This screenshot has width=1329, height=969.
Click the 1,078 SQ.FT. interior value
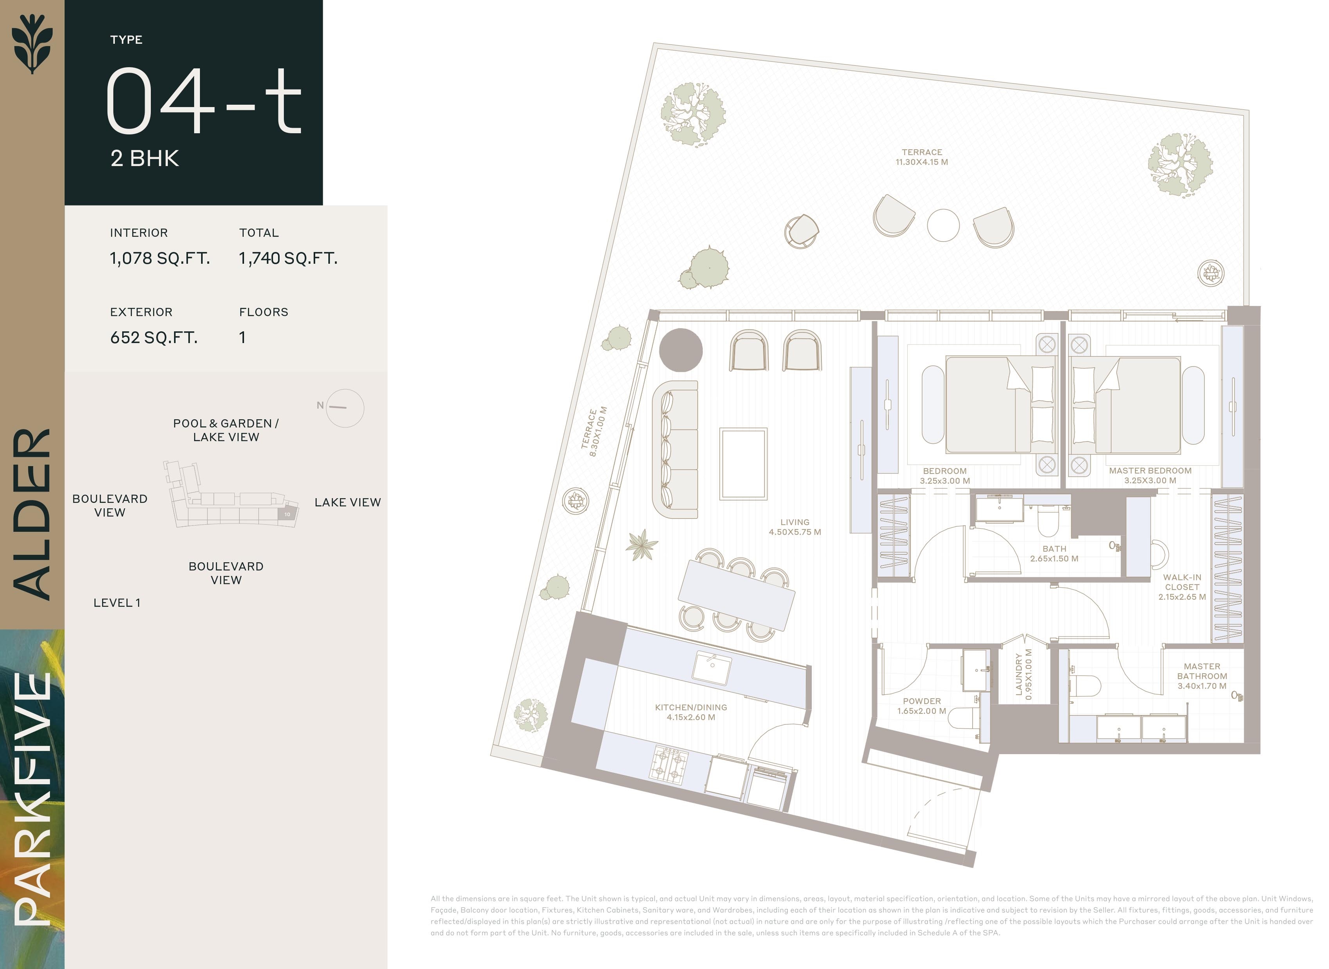(x=159, y=258)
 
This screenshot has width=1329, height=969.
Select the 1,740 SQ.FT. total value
(x=288, y=258)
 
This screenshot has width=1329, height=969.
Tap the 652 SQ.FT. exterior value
(x=154, y=337)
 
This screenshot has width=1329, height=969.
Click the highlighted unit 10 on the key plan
(x=287, y=515)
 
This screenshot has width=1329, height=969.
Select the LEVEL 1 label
(x=117, y=602)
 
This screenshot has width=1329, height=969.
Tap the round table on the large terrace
(x=943, y=225)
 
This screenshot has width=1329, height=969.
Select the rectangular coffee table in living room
(x=743, y=463)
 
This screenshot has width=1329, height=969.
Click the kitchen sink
(x=712, y=667)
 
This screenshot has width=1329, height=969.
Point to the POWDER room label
(x=921, y=706)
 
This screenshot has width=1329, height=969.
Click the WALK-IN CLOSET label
(x=1182, y=586)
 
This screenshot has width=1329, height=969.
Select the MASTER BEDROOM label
(x=1150, y=475)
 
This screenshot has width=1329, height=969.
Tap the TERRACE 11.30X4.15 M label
(x=921, y=157)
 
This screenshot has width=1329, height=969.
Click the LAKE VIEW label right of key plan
(x=347, y=502)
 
